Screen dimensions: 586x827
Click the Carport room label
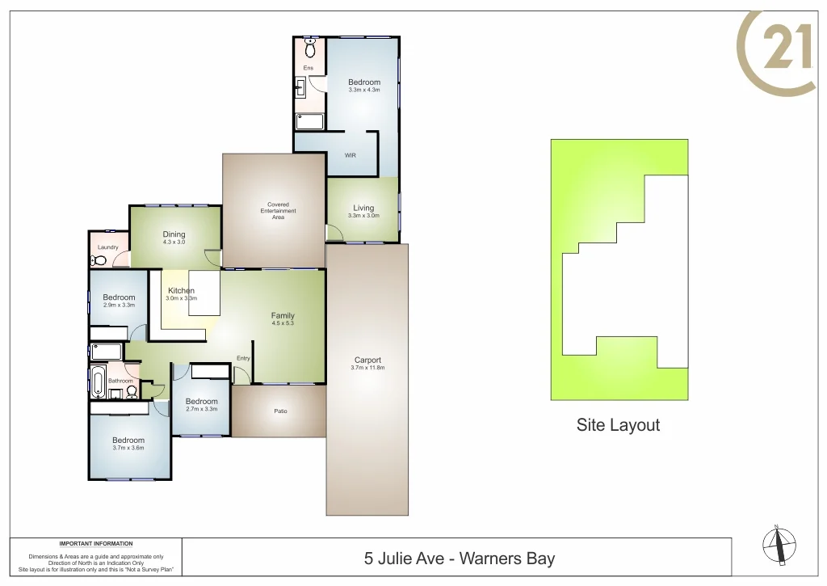[367, 360]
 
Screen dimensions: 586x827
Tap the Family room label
[283, 315]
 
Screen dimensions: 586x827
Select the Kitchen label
[181, 291]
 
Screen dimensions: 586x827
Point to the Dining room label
[174, 234]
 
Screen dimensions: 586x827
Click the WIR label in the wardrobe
[350, 155]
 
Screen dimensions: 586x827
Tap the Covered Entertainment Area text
[278, 211]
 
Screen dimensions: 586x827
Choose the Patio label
[280, 411]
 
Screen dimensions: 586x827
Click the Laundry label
[108, 247]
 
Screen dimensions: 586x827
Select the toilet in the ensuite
[310, 42]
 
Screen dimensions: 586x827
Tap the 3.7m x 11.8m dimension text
[367, 369]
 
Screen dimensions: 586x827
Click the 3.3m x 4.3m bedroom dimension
[364, 90]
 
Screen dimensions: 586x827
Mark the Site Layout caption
[618, 425]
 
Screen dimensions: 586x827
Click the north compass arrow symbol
[779, 545]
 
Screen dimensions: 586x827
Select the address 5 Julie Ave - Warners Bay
[460, 559]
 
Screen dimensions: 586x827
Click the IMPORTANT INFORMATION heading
[96, 544]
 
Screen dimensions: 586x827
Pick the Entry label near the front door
[243, 358]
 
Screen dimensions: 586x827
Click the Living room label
[363, 208]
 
